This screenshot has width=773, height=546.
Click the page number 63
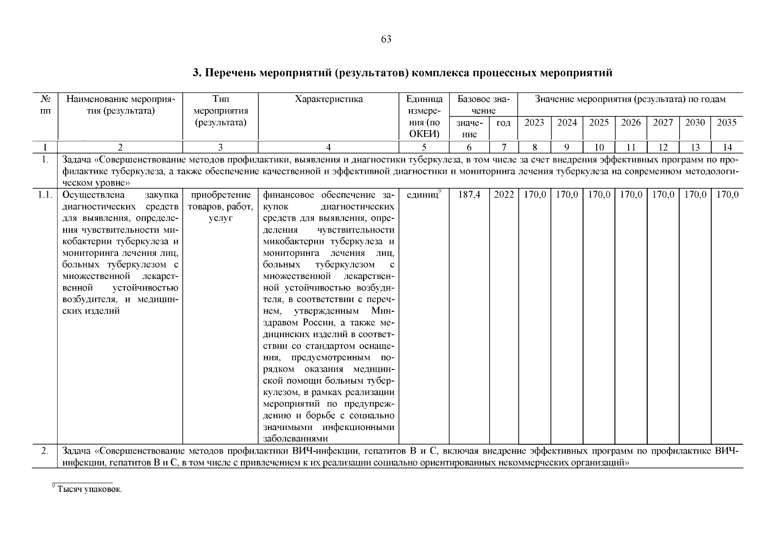386,40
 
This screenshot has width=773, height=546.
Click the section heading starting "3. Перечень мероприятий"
402,73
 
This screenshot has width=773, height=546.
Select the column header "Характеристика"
328,99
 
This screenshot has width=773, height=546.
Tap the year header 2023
534,123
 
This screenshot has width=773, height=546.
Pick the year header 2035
727,123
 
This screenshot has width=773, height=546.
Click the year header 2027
663,123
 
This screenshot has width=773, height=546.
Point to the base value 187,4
469,195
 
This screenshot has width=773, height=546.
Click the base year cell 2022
503,195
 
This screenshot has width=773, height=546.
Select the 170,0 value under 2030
695,195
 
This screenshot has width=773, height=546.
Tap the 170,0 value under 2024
567,195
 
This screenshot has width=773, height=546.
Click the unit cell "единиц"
423,195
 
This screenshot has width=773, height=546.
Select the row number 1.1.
45,195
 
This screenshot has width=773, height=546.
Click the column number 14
727,147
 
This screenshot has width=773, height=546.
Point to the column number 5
424,147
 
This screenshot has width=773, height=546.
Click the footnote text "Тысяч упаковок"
90,490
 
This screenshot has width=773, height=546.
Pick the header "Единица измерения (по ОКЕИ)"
424,116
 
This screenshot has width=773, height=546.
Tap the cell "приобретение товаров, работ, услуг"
220,207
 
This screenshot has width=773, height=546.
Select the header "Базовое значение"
483,105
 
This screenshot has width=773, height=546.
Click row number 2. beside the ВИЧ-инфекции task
45,451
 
